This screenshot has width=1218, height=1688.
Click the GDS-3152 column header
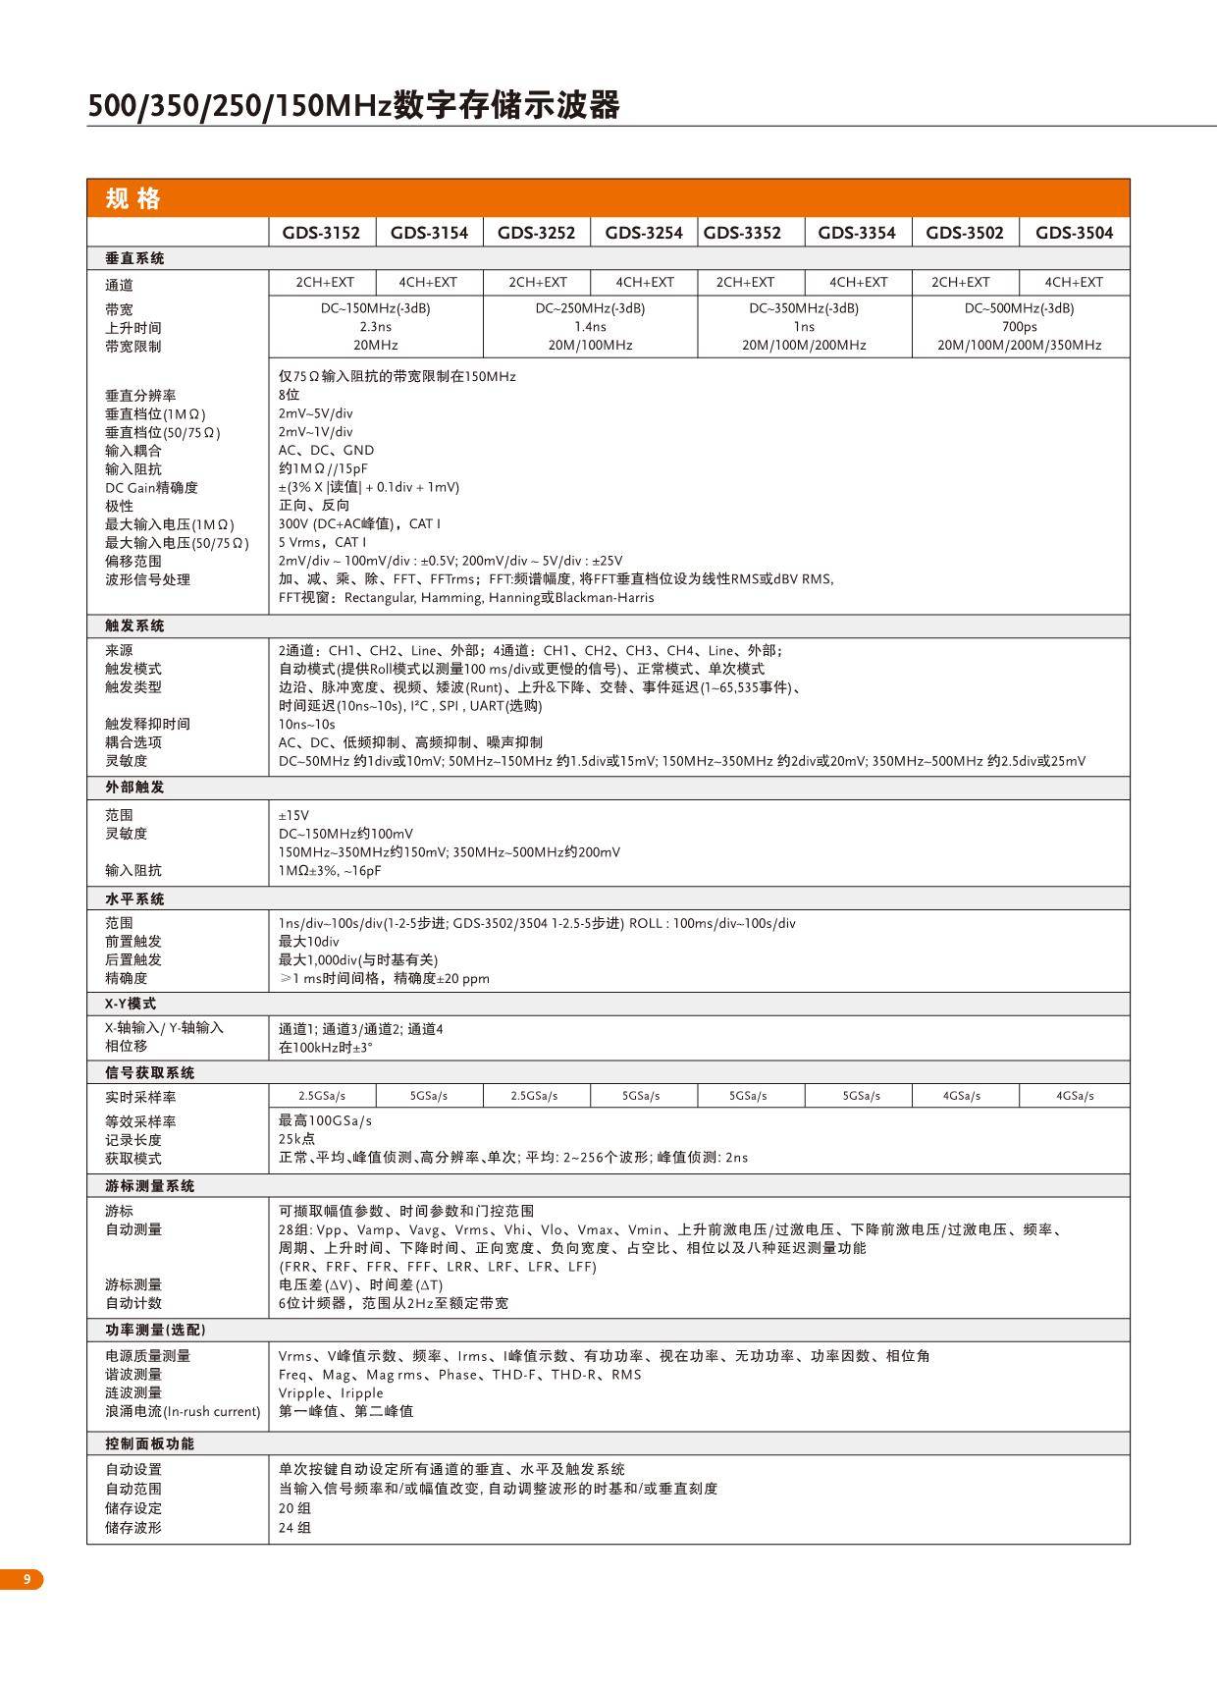321,233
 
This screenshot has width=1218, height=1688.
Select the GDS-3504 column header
1074,233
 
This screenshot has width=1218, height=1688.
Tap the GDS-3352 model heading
742,233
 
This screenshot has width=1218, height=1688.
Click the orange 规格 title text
132,198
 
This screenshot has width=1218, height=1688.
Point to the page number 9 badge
27,1579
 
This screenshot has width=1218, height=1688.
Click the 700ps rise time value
1019,327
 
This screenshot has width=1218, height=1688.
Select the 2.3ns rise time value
375,327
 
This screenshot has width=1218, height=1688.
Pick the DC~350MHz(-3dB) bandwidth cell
804,308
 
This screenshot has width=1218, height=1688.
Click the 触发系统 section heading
134,626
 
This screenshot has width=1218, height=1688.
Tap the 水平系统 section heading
134,898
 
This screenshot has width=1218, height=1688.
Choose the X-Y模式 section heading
131,1004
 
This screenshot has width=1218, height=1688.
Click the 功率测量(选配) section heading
155,1330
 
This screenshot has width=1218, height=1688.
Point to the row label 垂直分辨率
140,396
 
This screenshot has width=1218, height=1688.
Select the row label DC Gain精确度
151,488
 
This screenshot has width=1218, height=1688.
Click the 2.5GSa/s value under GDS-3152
322,1096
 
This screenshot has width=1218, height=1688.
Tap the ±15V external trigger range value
293,815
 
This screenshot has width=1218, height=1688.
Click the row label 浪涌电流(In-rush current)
183,1411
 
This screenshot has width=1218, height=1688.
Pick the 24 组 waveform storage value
294,1528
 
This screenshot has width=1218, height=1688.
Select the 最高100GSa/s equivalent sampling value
325,1120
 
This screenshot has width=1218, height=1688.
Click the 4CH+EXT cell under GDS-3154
428,283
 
